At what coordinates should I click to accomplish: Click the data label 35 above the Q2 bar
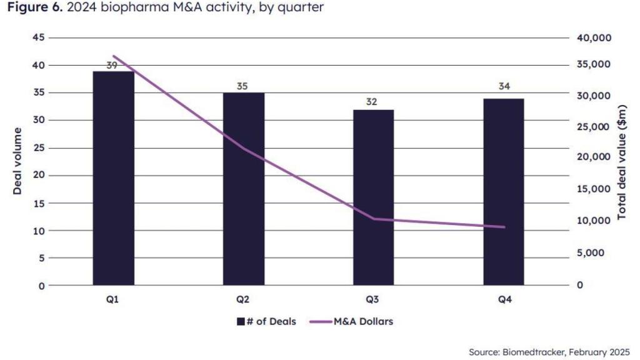[242, 86]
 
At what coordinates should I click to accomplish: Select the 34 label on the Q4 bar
[504, 86]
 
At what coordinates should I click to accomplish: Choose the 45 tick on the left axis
[38, 37]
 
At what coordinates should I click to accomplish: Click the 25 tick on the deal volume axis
[38, 147]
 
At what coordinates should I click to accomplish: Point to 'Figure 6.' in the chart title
[31, 9]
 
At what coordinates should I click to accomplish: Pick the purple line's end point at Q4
[504, 227]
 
